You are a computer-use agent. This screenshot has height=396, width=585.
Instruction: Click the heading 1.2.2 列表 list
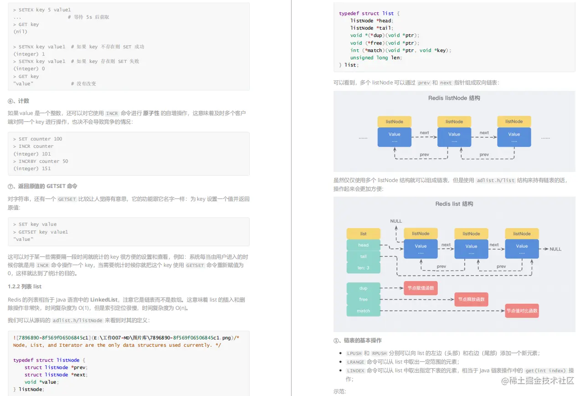[25, 287]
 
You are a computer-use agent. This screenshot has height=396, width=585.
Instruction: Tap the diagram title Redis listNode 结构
[454, 98]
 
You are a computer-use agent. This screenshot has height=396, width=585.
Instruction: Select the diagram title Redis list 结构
[454, 204]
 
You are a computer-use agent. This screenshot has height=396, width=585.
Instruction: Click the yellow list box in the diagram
[363, 234]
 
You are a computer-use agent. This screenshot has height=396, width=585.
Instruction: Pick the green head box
[363, 245]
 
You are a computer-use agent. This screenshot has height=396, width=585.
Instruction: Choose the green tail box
[363, 256]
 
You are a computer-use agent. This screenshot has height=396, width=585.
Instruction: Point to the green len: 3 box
[363, 268]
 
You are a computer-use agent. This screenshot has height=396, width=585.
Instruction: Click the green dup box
[363, 288]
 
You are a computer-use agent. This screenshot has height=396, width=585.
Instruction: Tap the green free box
[363, 299]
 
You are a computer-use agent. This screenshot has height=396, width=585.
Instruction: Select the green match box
[363, 311]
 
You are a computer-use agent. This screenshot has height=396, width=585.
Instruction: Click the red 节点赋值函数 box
[421, 288]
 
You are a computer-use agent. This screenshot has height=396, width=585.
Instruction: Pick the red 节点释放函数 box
[471, 299]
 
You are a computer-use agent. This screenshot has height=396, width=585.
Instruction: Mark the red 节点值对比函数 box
[522, 311]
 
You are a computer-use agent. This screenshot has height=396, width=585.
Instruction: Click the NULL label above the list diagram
[396, 221]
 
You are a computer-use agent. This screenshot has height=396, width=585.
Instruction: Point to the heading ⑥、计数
[19, 101]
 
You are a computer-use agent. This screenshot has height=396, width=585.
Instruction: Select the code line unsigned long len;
[376, 58]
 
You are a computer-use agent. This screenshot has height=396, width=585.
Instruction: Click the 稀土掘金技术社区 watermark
[538, 380]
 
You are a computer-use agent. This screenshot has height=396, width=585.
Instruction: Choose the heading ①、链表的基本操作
[358, 340]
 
